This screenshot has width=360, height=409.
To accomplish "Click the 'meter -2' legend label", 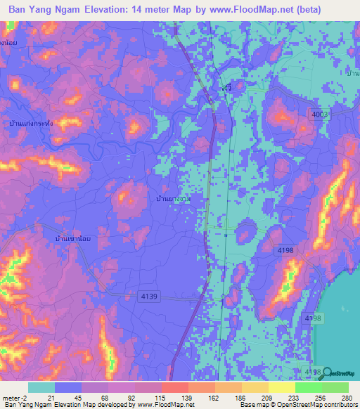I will (13, 398).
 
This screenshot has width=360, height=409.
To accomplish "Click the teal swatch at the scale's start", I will (41, 387).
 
